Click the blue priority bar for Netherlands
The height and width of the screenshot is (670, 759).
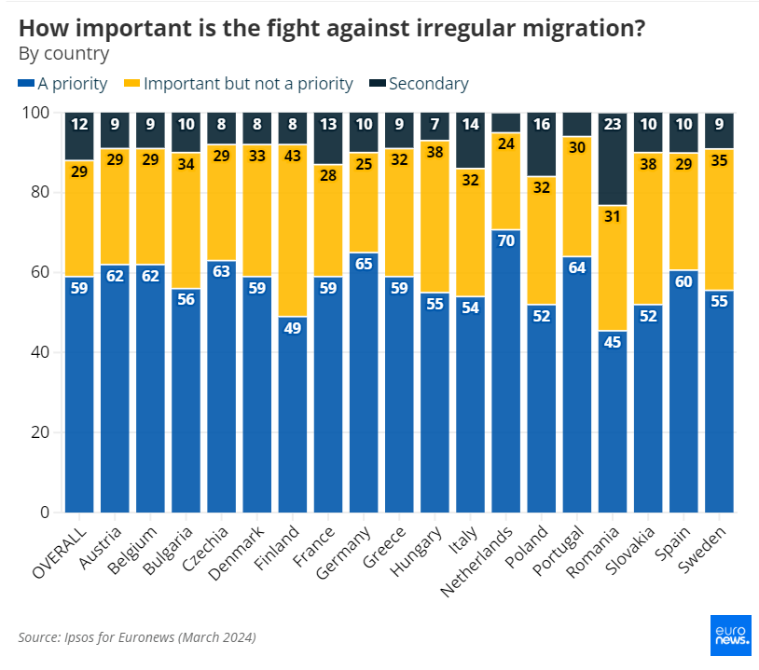(504, 373)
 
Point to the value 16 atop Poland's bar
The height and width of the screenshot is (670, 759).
(540, 124)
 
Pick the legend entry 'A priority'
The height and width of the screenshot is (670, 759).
(63, 84)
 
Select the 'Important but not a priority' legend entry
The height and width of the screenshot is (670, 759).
(240, 84)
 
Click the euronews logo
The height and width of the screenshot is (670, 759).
(731, 636)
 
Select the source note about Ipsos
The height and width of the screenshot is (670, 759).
(137, 637)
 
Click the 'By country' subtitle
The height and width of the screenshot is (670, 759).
(63, 53)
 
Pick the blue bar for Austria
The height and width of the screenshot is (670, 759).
(114, 391)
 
